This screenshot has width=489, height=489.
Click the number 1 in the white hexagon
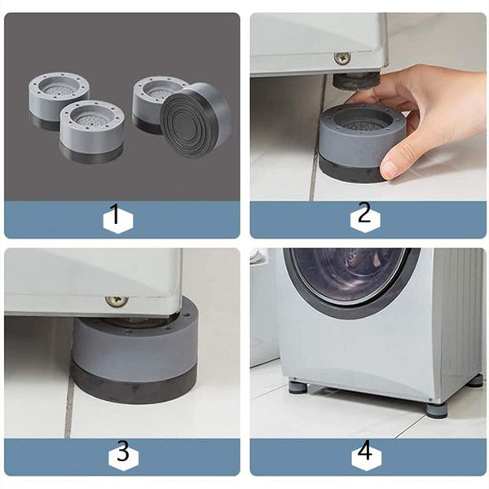click(116, 214)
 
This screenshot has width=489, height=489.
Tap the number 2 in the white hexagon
click(364, 212)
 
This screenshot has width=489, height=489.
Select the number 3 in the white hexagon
click(123, 452)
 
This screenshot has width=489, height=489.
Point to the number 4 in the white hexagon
click(365, 450)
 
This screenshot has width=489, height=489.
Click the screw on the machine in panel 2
click(342, 59)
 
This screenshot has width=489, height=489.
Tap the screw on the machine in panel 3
click(117, 301)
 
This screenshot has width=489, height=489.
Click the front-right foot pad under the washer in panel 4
click(437, 408)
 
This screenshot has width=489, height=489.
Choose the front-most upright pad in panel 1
click(92, 131)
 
